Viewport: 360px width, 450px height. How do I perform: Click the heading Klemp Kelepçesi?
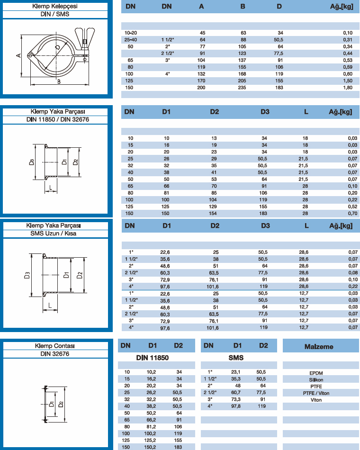point(58,6)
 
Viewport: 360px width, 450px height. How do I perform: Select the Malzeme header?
point(319,346)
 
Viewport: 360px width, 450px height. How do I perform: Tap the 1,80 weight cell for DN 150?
point(347,88)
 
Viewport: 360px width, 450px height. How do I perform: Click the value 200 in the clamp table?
point(201,88)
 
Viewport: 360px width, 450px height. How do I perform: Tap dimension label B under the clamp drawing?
point(58,81)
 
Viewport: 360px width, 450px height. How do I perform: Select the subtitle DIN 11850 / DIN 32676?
point(58,119)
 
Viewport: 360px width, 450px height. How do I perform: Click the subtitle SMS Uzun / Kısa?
point(58,233)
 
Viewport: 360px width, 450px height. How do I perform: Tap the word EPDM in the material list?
point(316,373)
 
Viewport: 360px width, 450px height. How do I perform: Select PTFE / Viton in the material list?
point(316,393)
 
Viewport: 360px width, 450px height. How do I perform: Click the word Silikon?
point(316,379)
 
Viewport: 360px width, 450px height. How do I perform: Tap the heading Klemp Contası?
point(58,346)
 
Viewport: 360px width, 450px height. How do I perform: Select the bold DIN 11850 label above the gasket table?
point(153,358)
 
